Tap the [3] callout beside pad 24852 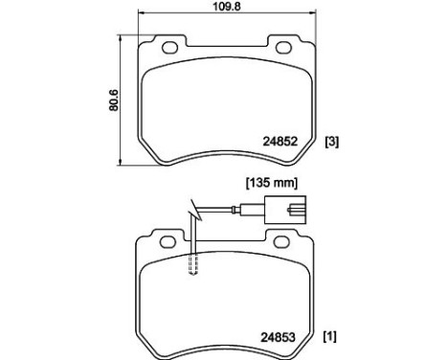[x=332, y=143]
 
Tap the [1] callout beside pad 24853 [x=332, y=336]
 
